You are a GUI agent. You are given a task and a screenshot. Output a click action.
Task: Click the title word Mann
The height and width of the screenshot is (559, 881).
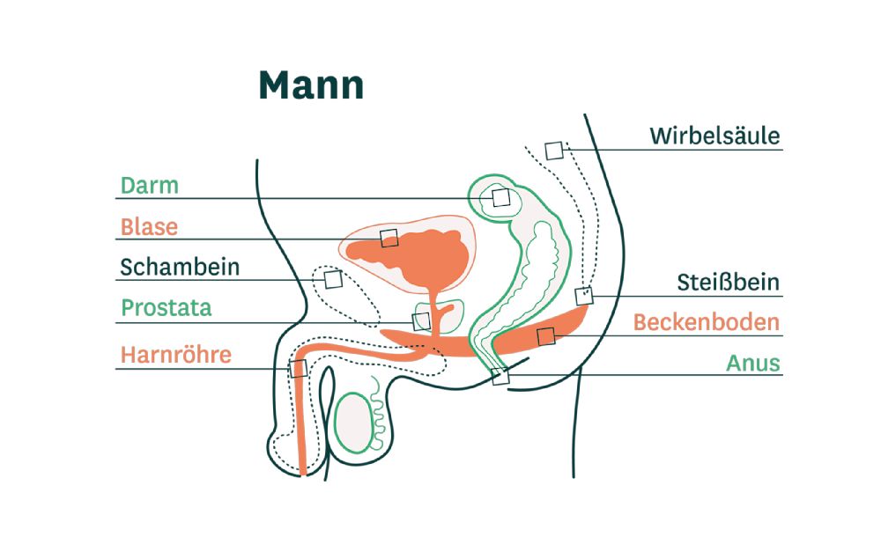311,86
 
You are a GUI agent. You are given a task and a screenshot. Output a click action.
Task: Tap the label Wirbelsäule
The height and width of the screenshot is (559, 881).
714,136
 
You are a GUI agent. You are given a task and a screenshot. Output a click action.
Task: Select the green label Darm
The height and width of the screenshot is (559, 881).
150,186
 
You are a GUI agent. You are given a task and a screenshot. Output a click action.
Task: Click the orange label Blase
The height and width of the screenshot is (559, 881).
150,227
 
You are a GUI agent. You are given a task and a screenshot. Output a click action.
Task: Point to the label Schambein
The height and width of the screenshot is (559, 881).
180,268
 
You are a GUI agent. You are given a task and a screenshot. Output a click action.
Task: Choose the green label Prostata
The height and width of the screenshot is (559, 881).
167,309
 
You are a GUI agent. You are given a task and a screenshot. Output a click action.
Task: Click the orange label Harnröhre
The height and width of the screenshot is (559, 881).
176,355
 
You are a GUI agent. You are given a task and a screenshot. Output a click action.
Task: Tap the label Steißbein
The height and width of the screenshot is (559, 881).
728,283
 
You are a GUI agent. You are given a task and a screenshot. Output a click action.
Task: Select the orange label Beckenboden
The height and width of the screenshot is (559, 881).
707,322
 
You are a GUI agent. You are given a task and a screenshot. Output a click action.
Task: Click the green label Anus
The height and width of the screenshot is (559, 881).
753,363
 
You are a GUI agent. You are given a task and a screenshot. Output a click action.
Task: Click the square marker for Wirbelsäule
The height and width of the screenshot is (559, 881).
554,151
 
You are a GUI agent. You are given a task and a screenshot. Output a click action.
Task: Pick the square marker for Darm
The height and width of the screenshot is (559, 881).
500,197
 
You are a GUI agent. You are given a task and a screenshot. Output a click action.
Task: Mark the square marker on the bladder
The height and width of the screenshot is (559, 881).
389,238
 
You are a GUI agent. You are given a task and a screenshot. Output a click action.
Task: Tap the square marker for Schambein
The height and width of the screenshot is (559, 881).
333,279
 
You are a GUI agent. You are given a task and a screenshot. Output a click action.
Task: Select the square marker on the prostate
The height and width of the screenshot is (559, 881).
421,321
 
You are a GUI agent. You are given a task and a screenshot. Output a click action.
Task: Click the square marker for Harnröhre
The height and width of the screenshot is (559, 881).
298,368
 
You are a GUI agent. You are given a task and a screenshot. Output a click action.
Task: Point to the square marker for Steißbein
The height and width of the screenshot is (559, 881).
584,296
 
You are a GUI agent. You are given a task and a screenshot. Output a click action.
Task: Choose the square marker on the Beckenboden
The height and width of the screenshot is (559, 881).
545,335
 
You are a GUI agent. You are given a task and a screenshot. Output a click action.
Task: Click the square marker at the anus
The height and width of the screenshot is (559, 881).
500,377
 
